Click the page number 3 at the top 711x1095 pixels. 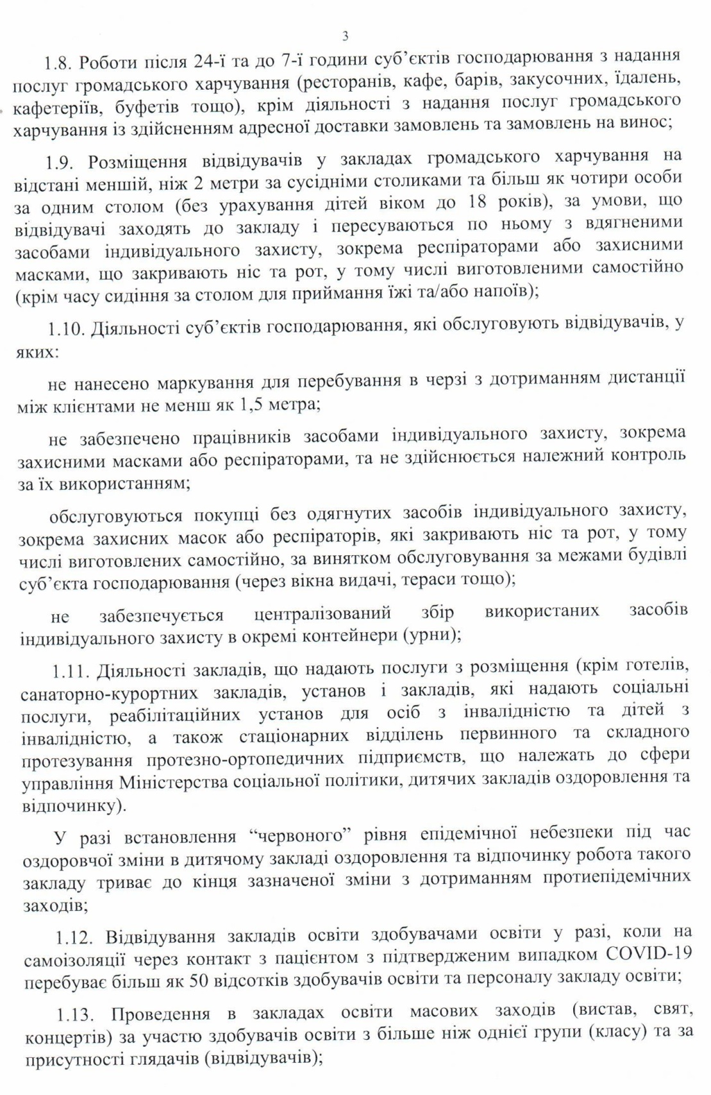click(x=346, y=37)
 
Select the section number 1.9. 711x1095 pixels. click(x=61, y=160)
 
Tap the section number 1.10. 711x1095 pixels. click(x=66, y=329)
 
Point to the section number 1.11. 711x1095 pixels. click(x=71, y=671)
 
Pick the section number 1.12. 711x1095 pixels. click(x=74, y=937)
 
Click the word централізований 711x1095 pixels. click(x=322, y=613)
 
